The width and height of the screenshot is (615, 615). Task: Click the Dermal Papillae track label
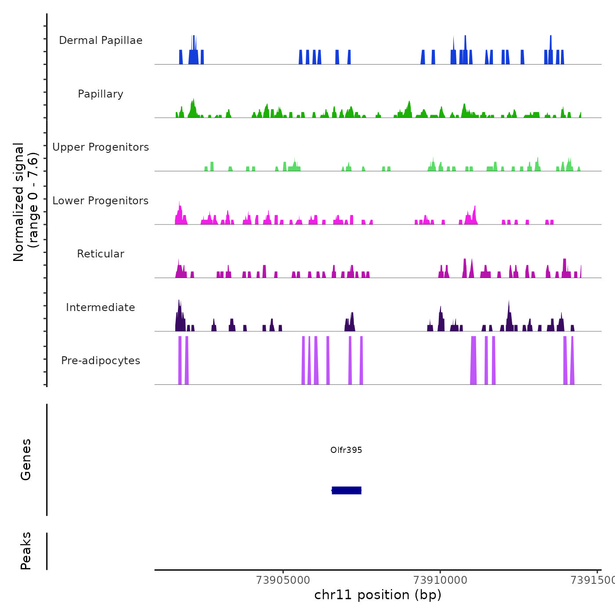(101, 40)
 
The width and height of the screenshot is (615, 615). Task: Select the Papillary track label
(101, 94)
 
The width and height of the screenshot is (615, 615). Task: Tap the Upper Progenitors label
(101, 147)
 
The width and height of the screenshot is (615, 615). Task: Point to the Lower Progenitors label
(101, 201)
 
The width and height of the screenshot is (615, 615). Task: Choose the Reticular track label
(101, 254)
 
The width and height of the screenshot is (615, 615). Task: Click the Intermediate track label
(101, 307)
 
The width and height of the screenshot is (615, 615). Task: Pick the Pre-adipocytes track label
(101, 361)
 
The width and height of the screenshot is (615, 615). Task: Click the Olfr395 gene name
(346, 450)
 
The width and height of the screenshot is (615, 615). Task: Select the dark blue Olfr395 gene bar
(347, 490)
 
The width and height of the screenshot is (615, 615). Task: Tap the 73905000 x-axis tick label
(283, 580)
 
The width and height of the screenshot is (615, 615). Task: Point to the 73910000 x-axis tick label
(440, 580)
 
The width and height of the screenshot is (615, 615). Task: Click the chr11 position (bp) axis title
(378, 595)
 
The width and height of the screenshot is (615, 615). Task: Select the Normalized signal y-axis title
(25, 202)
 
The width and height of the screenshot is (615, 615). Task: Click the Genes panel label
(26, 459)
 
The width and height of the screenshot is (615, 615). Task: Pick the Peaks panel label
(26, 551)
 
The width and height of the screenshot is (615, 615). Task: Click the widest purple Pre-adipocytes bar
(473, 360)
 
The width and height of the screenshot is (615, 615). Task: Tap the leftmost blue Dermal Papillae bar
(181, 57)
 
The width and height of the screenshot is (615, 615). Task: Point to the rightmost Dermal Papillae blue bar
(562, 57)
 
